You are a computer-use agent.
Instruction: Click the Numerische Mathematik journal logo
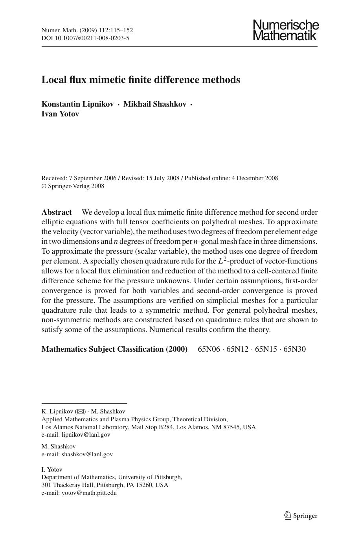point(286,30)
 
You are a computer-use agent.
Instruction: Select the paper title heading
point(141,80)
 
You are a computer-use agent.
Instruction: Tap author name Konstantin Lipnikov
point(77,104)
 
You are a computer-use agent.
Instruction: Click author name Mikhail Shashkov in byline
point(154,104)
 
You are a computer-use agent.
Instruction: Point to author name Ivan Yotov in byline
point(60,114)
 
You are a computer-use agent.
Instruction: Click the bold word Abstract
point(57,212)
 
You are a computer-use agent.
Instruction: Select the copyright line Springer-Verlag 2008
point(76,186)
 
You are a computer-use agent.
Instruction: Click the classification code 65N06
point(209,349)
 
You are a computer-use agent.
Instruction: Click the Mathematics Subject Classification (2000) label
point(114,349)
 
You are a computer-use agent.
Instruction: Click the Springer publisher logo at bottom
point(301,516)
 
